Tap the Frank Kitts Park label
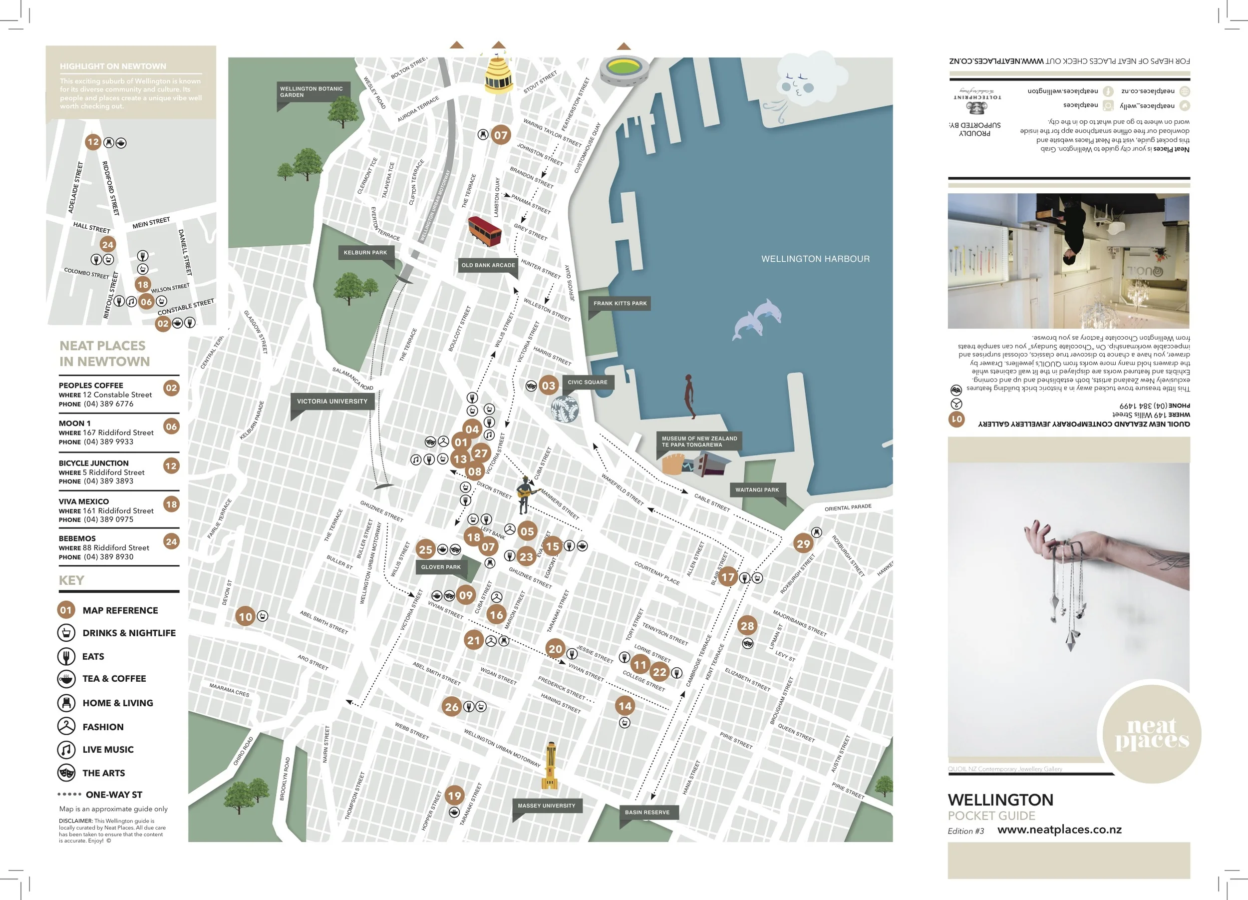[620, 303]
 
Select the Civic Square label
[587, 382]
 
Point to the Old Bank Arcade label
[488, 265]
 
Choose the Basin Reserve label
[646, 812]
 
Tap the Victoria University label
[332, 401]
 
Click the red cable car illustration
[484, 231]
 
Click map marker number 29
[803, 544]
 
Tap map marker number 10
[246, 617]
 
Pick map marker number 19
[454, 796]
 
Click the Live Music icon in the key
[66, 749]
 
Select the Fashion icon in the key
[66, 727]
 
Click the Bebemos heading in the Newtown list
[77, 538]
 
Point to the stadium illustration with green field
[624, 69]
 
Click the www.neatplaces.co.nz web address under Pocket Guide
[1059, 830]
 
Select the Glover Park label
[441, 567]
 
